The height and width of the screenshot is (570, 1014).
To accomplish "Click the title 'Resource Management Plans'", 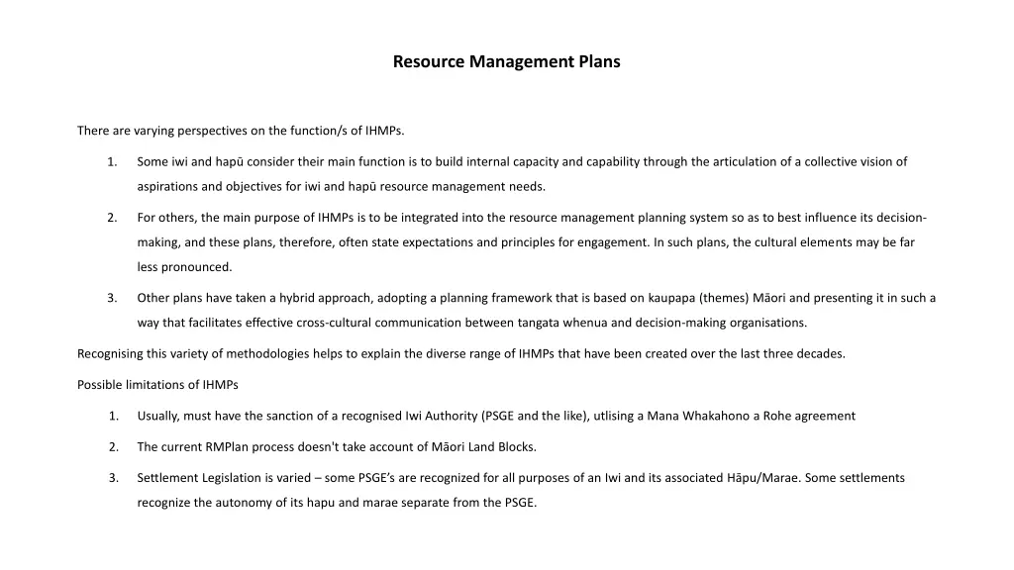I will click(506, 61).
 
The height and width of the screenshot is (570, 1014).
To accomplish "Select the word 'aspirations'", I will click(167, 186).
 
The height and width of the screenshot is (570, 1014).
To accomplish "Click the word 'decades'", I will click(821, 353).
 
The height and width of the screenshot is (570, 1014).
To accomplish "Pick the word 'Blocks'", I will click(515, 447).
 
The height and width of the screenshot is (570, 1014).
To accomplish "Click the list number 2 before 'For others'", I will click(114, 218).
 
